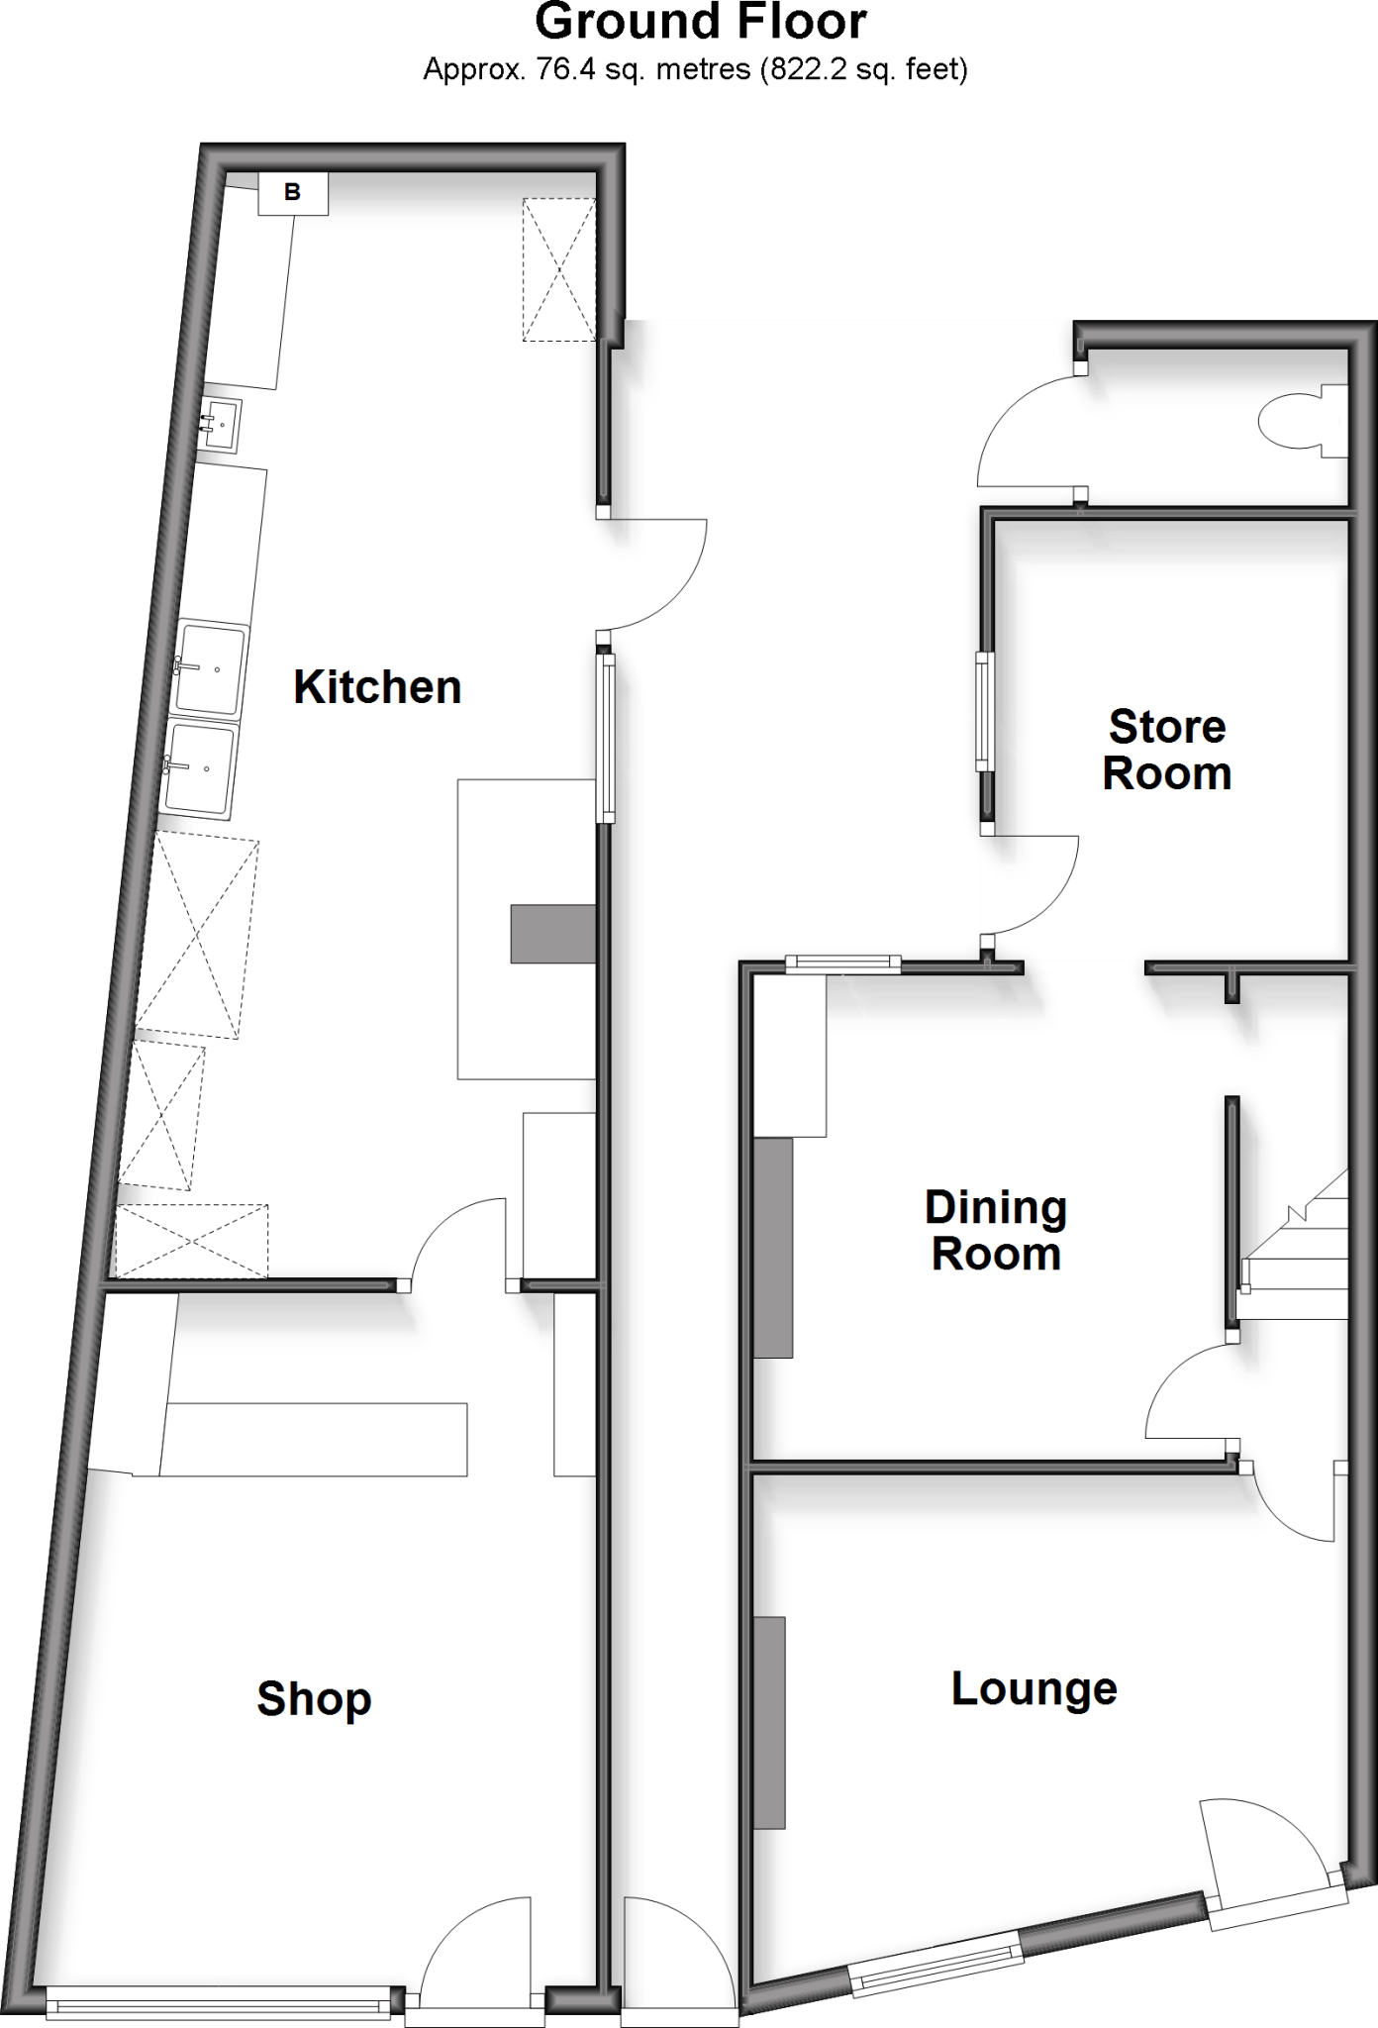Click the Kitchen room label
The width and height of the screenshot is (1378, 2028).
click(377, 687)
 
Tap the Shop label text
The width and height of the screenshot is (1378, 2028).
click(314, 1699)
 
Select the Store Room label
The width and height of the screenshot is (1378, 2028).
click(1167, 750)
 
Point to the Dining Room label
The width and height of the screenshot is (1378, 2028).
click(996, 1231)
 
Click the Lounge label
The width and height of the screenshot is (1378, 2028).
click(1033, 1688)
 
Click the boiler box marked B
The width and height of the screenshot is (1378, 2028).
click(292, 192)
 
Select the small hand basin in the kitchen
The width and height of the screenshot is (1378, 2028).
click(221, 425)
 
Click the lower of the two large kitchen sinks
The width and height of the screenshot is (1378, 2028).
click(201, 768)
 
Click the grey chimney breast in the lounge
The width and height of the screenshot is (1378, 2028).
click(769, 1722)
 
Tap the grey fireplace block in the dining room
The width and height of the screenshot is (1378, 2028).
click(773, 1247)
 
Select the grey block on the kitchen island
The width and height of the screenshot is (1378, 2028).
click(552, 933)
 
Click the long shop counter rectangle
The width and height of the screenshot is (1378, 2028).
click(314, 1439)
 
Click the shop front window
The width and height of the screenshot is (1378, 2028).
click(219, 2007)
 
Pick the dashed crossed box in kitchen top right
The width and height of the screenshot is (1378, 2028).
click(559, 269)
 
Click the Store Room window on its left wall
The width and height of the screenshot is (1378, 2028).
click(984, 711)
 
